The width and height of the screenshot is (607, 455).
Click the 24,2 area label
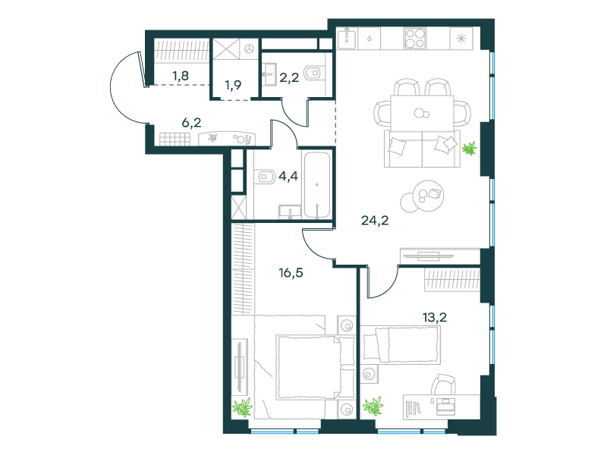(375, 221)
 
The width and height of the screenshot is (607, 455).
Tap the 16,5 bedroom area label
(291, 273)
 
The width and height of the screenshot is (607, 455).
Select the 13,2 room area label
(434, 318)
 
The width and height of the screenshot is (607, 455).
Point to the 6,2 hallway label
(191, 123)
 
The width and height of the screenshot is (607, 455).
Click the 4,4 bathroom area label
(288, 177)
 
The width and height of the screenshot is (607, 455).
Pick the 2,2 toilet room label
(289, 78)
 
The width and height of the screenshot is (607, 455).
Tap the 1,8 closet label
(181, 75)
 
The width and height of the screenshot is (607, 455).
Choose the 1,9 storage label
(233, 85)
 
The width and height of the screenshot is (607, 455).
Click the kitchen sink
(347, 39)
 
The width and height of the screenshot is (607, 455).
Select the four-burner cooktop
(415, 39)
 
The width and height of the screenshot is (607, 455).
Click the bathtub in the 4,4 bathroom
(317, 184)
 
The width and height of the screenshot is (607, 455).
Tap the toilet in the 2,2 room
(313, 73)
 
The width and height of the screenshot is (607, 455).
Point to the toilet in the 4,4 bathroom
(266, 177)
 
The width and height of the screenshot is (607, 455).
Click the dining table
(422, 113)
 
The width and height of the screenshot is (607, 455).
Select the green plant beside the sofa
(470, 149)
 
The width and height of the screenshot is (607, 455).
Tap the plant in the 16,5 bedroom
(242, 407)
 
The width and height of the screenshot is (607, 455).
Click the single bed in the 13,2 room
(401, 345)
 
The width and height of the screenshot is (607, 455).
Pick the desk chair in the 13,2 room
(444, 384)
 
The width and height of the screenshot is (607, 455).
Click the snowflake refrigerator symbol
(461, 39)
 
